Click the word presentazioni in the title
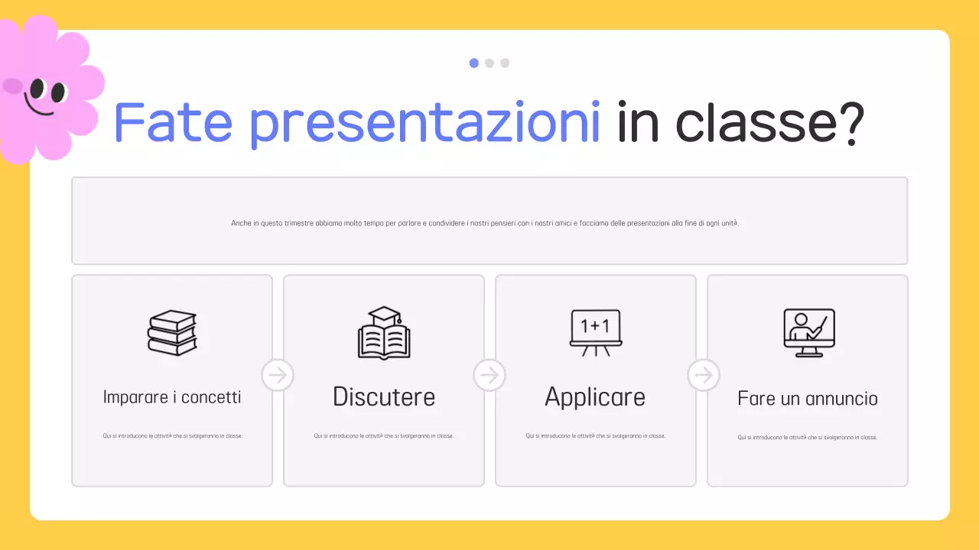click(425, 123)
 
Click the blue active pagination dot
click(474, 63)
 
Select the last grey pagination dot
click(505, 63)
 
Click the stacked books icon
click(172, 333)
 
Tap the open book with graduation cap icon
click(384, 333)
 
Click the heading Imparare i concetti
click(172, 397)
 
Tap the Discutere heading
click(384, 397)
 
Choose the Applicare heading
click(595, 397)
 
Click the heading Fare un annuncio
click(808, 399)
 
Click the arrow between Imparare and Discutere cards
click(278, 375)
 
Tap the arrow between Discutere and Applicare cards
click(489, 375)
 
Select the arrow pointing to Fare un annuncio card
click(704, 375)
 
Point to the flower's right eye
click(58, 92)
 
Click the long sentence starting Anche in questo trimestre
click(489, 223)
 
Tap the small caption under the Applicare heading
click(595, 436)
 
